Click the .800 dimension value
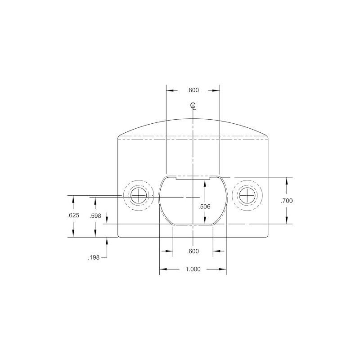click(193, 90)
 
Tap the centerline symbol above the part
click(193, 106)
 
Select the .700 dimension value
click(287, 201)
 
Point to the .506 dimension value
click(205, 206)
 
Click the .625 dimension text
click(73, 216)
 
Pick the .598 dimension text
click(95, 216)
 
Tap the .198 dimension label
click(94, 257)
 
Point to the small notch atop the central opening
click(193, 178)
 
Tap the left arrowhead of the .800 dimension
click(169, 90)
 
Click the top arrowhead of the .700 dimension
click(287, 180)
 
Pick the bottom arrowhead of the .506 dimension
click(205, 221)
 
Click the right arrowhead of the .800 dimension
click(217, 90)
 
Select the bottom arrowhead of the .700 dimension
click(287, 221)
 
